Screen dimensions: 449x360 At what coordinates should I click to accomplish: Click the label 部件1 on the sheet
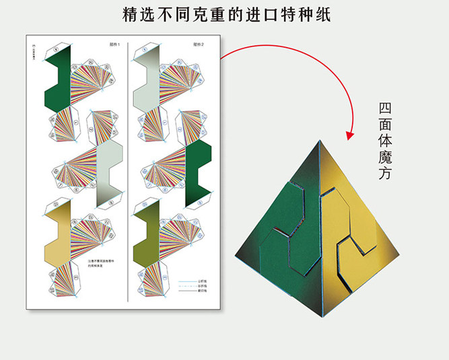tap(114, 44)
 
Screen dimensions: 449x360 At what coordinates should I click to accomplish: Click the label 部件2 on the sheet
tap(198, 44)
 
